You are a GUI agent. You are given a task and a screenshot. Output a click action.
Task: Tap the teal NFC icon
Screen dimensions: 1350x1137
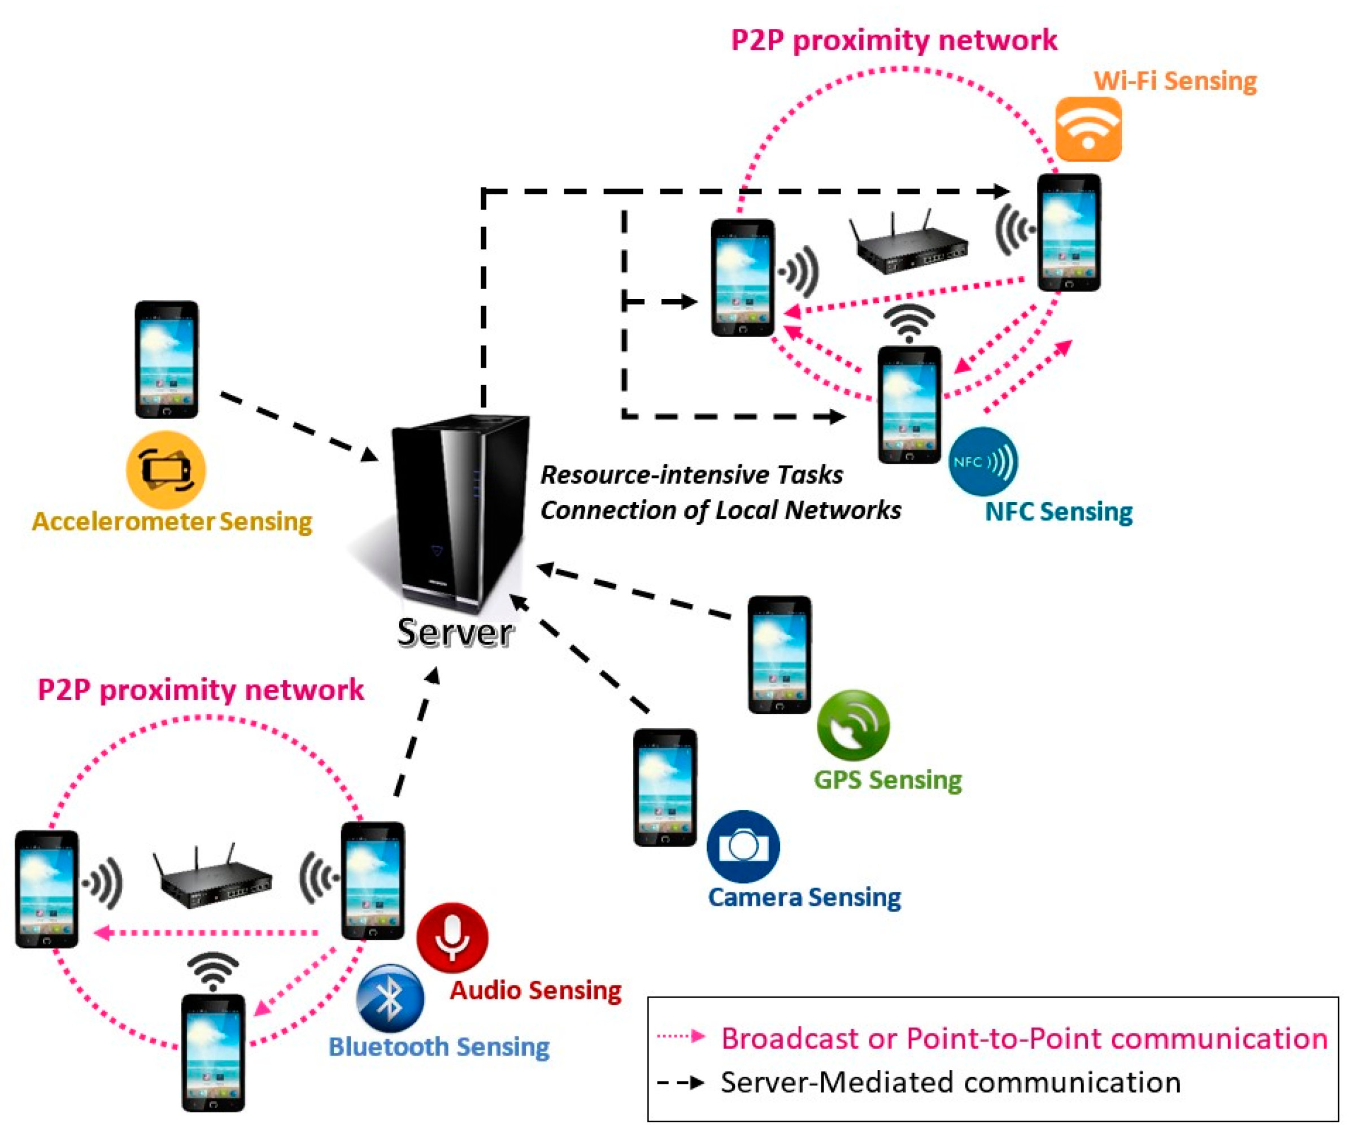[x=983, y=461]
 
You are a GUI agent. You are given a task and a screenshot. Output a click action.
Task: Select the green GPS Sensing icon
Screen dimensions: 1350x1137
[x=853, y=725]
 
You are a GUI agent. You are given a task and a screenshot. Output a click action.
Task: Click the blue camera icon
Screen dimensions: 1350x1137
[x=743, y=846]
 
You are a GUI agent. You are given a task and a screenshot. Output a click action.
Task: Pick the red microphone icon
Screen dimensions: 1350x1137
[x=452, y=937]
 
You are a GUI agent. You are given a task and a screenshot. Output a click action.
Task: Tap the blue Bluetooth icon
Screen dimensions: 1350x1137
[x=390, y=999]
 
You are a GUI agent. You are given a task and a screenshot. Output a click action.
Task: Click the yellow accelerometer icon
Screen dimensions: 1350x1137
[x=166, y=470]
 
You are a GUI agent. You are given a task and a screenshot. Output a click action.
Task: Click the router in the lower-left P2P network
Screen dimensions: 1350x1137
[x=213, y=875]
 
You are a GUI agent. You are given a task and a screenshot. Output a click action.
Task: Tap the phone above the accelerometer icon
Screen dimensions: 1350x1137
[x=166, y=359]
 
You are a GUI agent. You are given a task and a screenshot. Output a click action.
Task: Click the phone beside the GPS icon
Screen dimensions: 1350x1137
[x=779, y=654]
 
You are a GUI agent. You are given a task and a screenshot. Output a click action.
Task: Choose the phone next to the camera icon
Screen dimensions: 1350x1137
[x=665, y=787]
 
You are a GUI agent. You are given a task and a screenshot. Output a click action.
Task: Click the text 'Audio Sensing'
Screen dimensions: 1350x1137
[x=535, y=991]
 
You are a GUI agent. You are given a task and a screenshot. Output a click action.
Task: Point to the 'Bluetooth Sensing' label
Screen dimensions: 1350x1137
[x=439, y=1047]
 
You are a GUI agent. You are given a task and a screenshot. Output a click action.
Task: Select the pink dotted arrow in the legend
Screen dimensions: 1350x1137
[x=681, y=1036]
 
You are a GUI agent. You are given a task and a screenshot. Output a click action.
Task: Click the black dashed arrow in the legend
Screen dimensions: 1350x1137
[x=681, y=1082]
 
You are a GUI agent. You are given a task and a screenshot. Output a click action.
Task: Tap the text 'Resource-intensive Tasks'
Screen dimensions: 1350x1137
[x=692, y=474]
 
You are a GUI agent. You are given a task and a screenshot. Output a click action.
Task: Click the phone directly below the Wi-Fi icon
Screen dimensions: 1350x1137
[x=1069, y=232]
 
